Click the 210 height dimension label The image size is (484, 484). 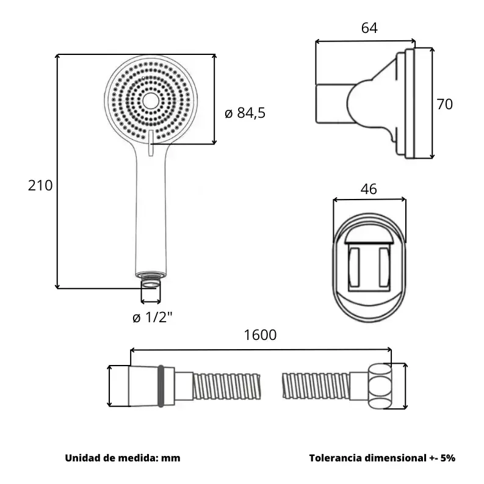tap(40, 186)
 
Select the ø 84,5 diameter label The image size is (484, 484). tap(245, 113)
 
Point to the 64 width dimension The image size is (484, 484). tap(369, 28)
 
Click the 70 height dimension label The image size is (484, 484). tap(444, 104)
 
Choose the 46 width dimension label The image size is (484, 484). tap(369, 189)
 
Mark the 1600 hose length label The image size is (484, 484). tap(260, 334)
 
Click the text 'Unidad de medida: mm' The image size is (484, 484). tap(122, 458)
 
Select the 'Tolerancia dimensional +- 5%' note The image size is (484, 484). tap(382, 458)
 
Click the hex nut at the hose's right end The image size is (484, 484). tap(380, 386)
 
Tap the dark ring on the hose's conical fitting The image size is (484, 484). tap(161, 386)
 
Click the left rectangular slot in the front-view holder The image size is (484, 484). tap(354, 269)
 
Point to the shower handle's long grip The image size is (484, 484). tap(150, 214)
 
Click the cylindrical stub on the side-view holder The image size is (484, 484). tap(330, 104)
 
